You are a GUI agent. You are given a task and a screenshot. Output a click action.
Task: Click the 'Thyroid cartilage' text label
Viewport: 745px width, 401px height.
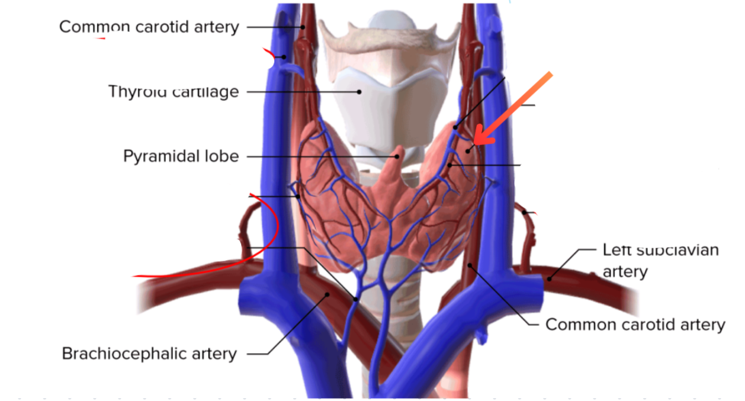point(174,92)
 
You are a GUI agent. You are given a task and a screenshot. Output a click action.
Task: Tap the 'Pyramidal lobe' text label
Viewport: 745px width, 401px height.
point(181,156)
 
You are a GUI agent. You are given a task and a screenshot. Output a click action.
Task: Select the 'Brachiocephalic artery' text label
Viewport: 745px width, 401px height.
point(149,354)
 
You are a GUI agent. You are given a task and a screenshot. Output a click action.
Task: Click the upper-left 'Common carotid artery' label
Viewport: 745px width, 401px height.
point(149,27)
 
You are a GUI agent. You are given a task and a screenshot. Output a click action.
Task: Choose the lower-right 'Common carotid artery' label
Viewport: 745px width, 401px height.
point(635,325)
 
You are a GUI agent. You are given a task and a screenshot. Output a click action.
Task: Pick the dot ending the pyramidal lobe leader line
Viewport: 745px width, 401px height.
point(397,156)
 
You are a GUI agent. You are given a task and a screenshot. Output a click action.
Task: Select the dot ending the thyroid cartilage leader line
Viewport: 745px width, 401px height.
point(359,92)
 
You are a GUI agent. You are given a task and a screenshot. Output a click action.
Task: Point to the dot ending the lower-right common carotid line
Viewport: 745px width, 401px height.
point(470,265)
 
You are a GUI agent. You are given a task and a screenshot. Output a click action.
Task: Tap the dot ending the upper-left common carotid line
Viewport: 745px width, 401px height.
point(302,27)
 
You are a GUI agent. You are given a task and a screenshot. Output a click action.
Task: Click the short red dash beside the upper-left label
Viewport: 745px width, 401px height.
point(100,39)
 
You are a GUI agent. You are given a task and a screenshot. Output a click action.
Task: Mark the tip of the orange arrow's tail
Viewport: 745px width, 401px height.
point(551,74)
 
